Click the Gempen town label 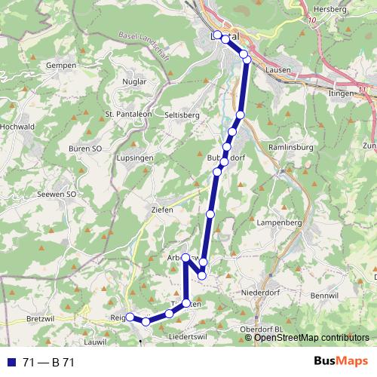coord(61,66)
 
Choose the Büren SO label coord(85,149)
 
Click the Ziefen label coord(162,209)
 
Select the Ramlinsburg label coord(290,149)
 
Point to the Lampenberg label coord(279,223)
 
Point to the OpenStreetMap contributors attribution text coord(311,338)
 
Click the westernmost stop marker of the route coord(130,317)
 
